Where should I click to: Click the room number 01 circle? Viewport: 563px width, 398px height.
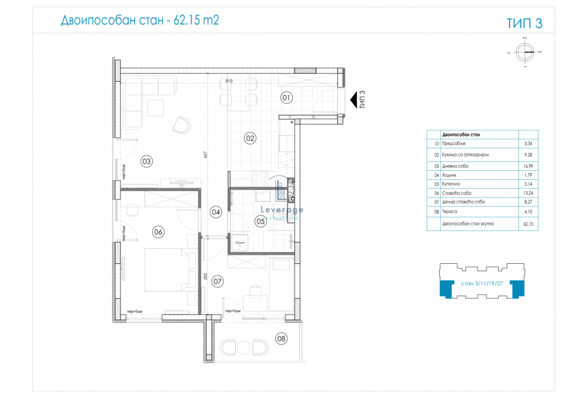pyautogui.click(x=287, y=98)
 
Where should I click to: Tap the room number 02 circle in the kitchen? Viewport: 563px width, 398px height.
pyautogui.click(x=250, y=137)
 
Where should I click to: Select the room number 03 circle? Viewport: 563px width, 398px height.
pyautogui.click(x=146, y=162)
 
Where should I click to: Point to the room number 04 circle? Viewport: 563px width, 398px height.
pyautogui.click(x=216, y=212)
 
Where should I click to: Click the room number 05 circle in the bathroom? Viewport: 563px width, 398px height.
pyautogui.click(x=261, y=222)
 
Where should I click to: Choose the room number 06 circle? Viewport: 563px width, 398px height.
pyautogui.click(x=158, y=231)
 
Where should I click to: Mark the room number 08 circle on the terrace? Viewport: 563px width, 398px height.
pyautogui.click(x=280, y=338)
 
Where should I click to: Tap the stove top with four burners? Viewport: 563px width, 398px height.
pyautogui.click(x=260, y=179)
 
